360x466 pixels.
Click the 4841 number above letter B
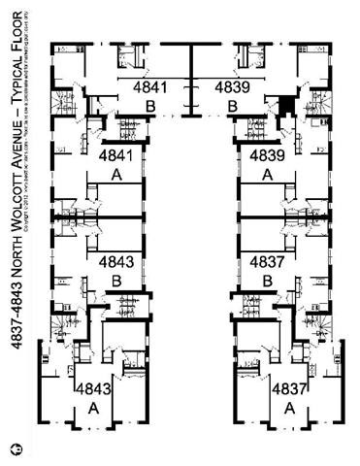[150, 87]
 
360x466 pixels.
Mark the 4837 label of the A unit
[289, 389]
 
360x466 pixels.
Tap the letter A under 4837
[289, 409]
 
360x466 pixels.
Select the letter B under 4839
[232, 105]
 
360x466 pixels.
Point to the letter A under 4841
[116, 175]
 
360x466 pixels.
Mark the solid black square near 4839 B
[285, 105]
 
